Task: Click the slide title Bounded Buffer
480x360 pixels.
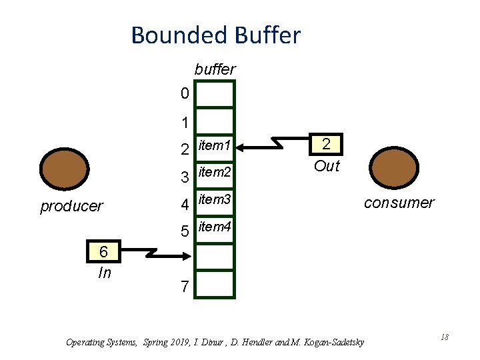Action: coord(215,35)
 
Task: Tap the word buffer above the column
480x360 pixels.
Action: coord(215,69)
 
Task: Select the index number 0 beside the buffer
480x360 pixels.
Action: coord(185,94)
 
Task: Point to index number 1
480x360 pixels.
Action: coord(185,123)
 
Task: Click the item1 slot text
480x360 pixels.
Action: coord(215,146)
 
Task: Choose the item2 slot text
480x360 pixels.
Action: coord(215,173)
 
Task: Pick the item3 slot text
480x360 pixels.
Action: coord(215,199)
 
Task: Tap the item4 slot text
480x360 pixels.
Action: coord(215,227)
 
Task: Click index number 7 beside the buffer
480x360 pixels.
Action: coord(185,287)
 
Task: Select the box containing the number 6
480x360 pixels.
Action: coord(104,252)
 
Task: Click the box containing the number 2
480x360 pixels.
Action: coord(326,145)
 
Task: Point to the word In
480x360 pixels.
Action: coord(104,272)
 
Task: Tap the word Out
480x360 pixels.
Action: coord(326,166)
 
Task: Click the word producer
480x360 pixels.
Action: coord(71,206)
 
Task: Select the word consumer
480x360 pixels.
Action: coord(399,203)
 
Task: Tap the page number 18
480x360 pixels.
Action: coord(444,337)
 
